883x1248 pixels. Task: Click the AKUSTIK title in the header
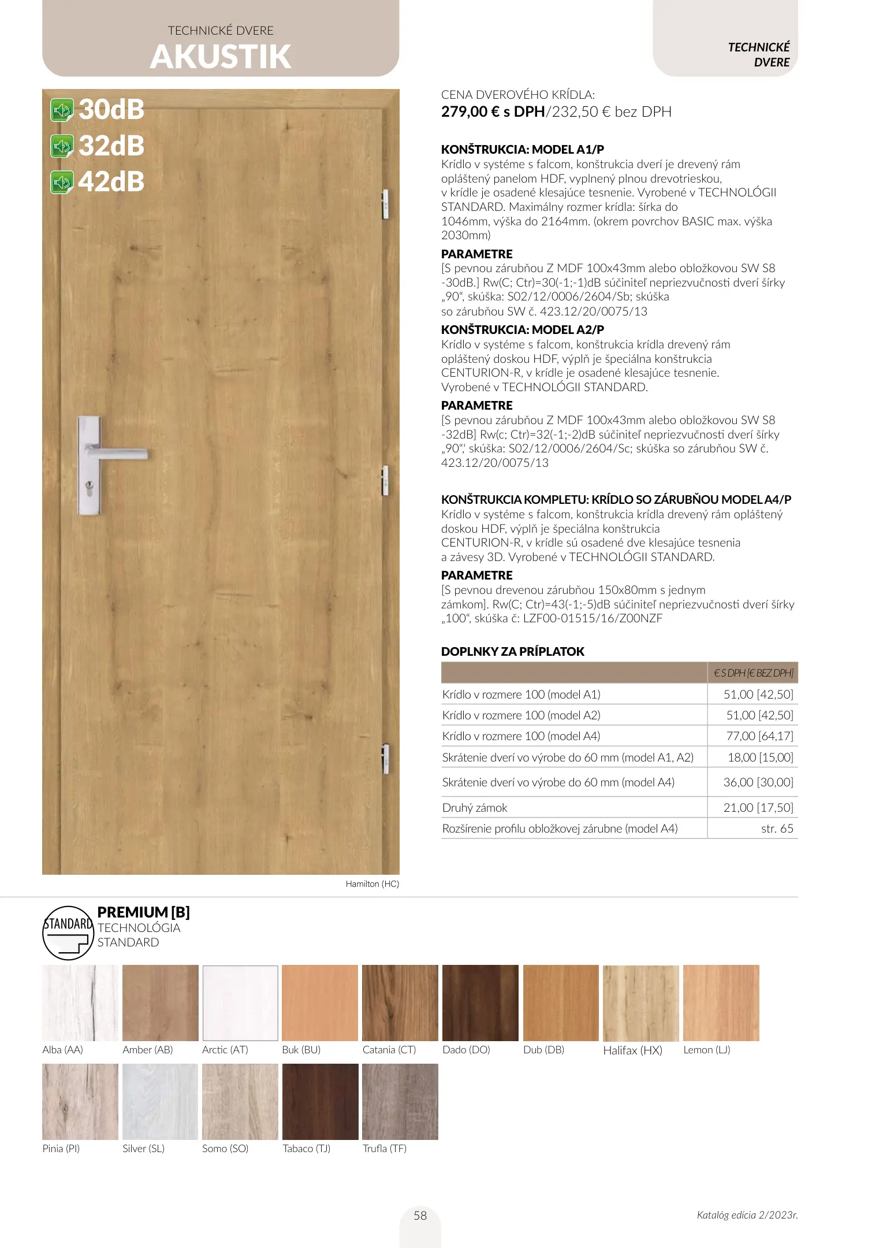click(221, 57)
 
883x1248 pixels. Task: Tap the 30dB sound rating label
click(111, 110)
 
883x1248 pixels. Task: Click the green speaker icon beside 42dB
click(62, 183)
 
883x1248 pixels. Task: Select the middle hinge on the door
click(385, 480)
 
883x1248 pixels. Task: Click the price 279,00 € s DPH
click(493, 112)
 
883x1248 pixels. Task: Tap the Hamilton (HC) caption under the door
click(372, 884)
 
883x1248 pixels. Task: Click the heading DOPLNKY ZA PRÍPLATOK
click(512, 652)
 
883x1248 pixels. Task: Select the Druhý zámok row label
click(475, 808)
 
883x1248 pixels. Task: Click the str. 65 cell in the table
click(777, 829)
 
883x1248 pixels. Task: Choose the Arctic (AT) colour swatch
click(240, 1003)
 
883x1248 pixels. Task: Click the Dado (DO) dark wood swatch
click(480, 1003)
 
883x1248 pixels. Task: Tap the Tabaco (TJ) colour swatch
click(320, 1102)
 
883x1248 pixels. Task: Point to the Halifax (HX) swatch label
click(632, 1050)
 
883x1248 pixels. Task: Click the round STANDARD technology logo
click(68, 933)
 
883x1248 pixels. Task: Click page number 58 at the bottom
click(420, 1216)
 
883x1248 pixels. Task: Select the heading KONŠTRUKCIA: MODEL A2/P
click(522, 330)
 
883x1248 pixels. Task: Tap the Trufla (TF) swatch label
click(384, 1149)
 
